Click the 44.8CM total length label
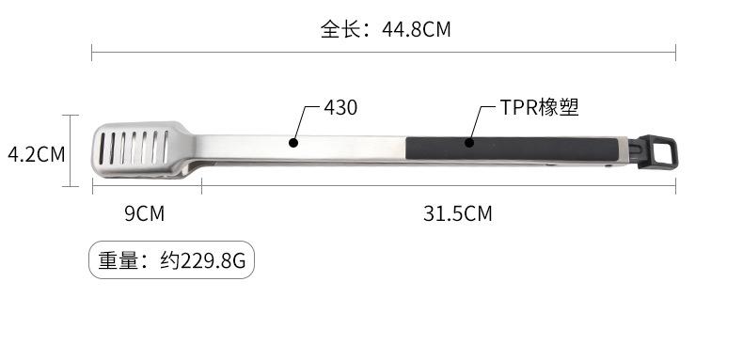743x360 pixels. [417, 30]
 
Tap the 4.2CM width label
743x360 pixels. [37, 154]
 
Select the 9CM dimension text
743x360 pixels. [145, 213]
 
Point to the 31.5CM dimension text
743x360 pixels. [458, 213]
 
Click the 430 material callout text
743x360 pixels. [340, 107]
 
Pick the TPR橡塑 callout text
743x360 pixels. [539, 107]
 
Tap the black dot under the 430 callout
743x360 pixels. [293, 142]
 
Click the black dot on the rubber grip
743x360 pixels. [469, 142]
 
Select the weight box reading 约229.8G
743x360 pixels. [171, 259]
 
